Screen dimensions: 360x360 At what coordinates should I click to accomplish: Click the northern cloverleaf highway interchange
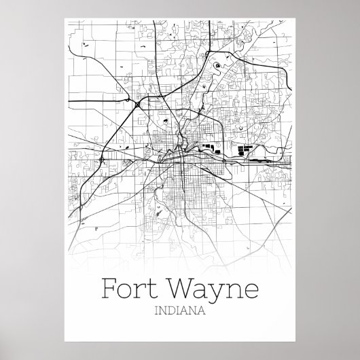click(x=138, y=105)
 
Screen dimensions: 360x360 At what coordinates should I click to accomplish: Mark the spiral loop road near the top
click(x=217, y=66)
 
